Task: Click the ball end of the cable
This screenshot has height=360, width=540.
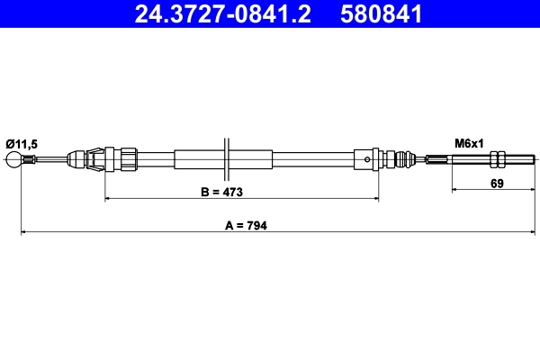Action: (x=15, y=160)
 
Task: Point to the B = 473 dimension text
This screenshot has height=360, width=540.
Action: (x=221, y=193)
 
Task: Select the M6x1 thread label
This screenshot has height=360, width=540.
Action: (x=469, y=143)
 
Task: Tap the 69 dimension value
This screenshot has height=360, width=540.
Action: (x=497, y=184)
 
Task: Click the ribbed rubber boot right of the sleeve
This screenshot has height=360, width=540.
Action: (x=405, y=160)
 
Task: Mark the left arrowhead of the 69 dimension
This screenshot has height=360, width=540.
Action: (x=454, y=190)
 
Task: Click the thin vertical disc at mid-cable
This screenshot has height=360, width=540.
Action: (x=226, y=160)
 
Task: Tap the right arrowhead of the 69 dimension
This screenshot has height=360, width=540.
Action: (x=531, y=190)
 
